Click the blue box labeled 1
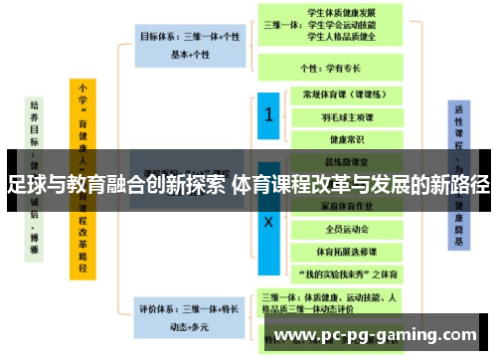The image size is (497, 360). tap(268, 116)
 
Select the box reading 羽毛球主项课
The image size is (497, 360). tap(333, 117)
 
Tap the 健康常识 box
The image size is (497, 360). tap(333, 139)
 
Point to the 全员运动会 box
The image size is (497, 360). tap(333, 230)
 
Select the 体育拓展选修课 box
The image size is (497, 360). tap(333, 251)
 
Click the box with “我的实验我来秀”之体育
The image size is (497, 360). tap(333, 272)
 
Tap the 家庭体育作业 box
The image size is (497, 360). tap(333, 207)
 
